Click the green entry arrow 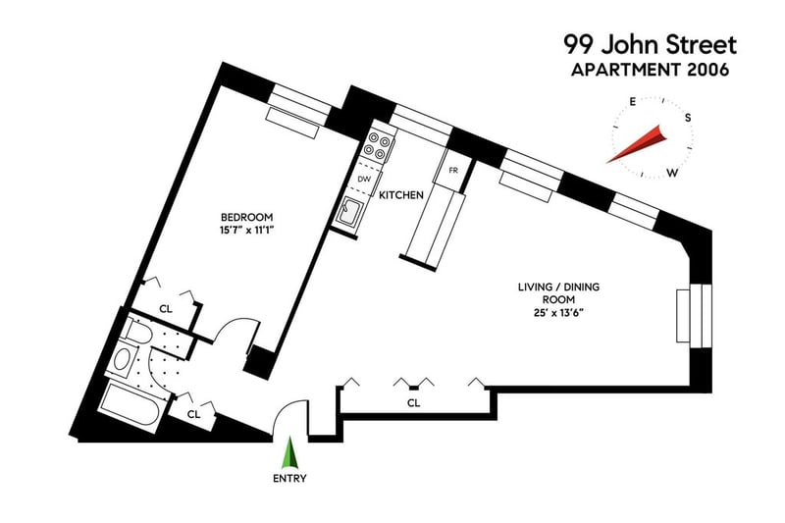tap(289, 454)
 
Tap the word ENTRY tap(290, 479)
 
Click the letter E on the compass tap(634, 102)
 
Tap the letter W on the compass tap(672, 173)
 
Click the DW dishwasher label tap(364, 180)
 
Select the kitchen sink tap(350, 210)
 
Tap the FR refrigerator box tap(453, 171)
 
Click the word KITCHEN tap(401, 195)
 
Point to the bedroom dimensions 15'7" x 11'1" tap(246, 231)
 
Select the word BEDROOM tap(246, 217)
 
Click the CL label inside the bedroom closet tap(166, 308)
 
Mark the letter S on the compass tap(688, 118)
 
